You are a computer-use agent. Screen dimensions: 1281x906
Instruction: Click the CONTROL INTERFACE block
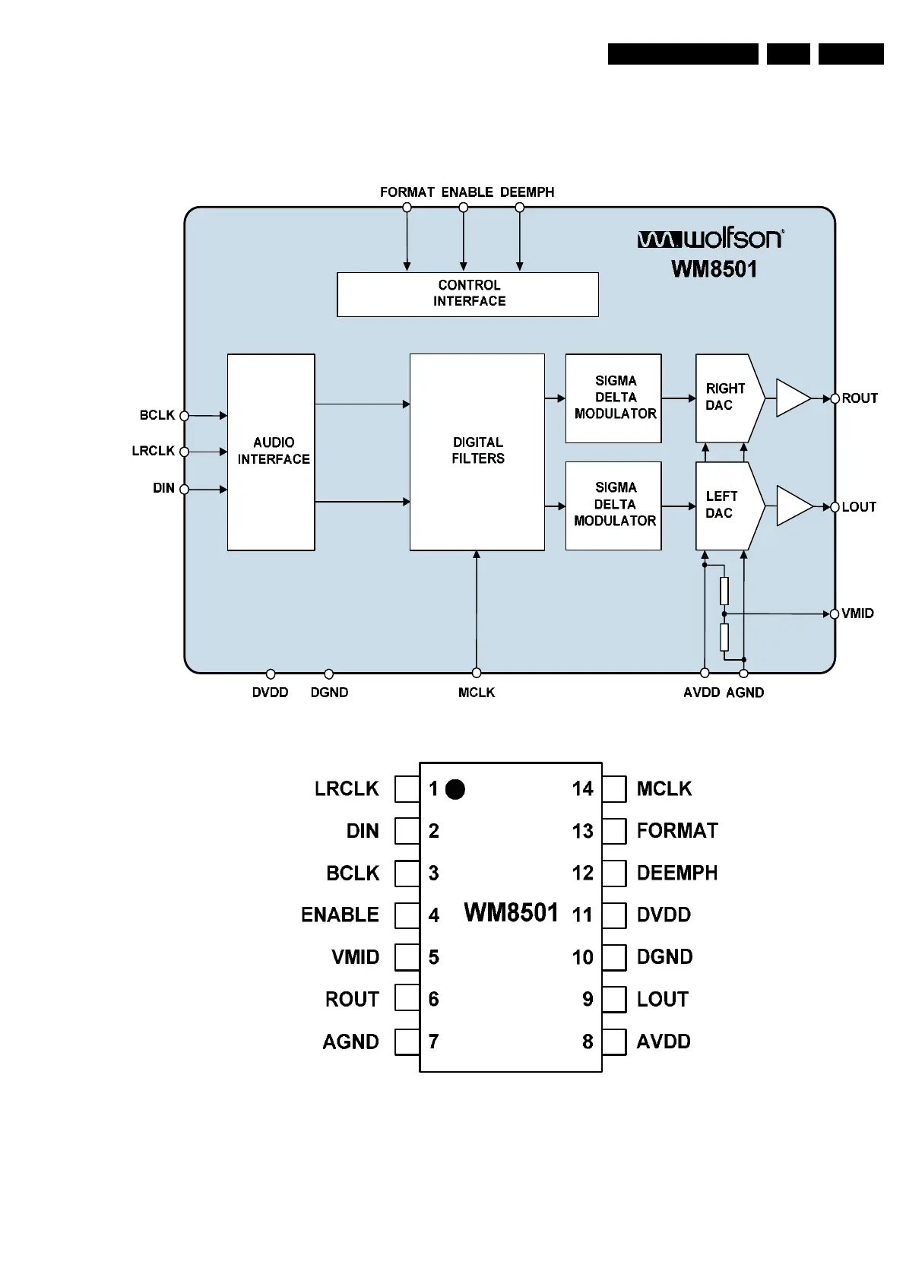(467, 293)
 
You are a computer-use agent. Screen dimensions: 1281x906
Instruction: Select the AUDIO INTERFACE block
(271, 452)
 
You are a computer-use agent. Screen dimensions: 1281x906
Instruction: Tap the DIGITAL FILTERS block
(477, 452)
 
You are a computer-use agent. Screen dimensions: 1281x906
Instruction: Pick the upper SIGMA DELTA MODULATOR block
(613, 398)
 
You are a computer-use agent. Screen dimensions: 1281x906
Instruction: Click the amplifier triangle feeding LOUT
(792, 506)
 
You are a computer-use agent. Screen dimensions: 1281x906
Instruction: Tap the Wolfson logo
(710, 239)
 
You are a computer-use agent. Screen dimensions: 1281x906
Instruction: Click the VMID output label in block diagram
(857, 614)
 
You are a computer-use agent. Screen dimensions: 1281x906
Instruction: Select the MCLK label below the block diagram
(477, 693)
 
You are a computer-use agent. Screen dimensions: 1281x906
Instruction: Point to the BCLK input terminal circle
(184, 416)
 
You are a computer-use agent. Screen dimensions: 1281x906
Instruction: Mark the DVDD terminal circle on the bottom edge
(271, 674)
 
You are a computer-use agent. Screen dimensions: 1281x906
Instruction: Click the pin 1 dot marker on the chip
(455, 790)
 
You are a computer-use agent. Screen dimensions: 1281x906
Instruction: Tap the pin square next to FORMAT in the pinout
(614, 831)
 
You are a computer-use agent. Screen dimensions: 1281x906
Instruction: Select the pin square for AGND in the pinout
(407, 1042)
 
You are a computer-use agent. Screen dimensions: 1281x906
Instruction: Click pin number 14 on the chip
(582, 789)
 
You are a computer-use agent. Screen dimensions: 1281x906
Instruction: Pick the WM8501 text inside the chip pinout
(511, 912)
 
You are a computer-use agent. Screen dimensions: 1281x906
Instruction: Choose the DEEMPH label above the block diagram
(527, 192)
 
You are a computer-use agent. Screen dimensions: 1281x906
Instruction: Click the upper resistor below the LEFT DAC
(724, 591)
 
